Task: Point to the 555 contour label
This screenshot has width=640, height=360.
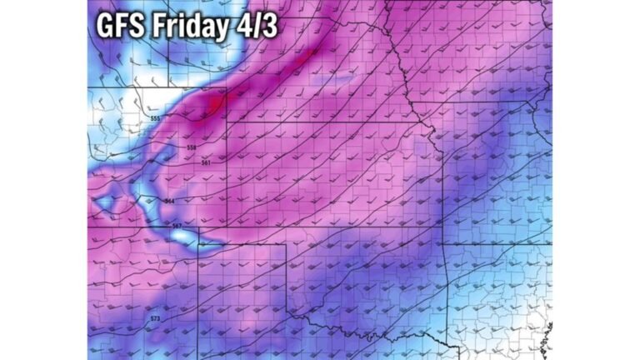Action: coord(155,119)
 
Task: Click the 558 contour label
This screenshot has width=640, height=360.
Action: coord(191,147)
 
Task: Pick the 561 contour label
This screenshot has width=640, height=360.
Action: coord(206,162)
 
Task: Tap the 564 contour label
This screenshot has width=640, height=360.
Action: coord(170,201)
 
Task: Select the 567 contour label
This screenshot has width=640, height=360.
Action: coord(177,226)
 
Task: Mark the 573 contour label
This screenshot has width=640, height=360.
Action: coord(155,318)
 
